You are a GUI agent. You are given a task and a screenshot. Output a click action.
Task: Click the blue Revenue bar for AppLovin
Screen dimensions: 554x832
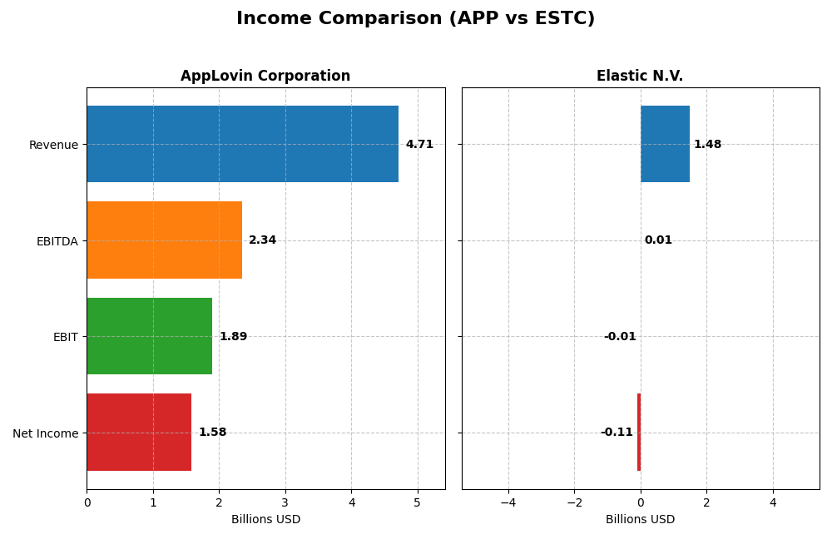click(242, 144)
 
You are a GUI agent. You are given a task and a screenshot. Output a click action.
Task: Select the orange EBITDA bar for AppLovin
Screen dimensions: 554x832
click(164, 240)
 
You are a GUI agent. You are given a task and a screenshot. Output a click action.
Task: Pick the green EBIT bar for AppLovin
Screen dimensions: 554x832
click(149, 336)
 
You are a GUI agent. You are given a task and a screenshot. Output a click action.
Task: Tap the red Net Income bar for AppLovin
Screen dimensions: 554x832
click(139, 433)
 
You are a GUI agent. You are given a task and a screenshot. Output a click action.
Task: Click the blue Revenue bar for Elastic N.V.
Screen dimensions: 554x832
click(665, 144)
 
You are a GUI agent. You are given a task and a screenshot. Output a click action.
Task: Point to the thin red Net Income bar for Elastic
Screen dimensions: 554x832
click(639, 433)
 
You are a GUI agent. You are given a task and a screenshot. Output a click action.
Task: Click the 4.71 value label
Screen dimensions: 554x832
click(419, 145)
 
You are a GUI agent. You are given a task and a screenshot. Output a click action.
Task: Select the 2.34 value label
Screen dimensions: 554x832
click(262, 240)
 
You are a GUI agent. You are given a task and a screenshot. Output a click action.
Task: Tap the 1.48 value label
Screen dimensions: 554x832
click(707, 145)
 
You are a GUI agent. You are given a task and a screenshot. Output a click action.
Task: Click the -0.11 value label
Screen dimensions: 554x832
click(617, 433)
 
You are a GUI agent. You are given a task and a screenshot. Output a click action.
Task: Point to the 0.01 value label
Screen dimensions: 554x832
click(658, 240)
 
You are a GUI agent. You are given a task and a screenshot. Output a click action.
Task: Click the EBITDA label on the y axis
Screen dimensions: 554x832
click(57, 241)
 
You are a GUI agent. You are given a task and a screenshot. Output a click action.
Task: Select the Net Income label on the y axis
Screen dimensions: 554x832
click(45, 433)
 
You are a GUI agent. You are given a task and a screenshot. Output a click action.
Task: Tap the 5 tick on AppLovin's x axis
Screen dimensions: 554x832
click(418, 502)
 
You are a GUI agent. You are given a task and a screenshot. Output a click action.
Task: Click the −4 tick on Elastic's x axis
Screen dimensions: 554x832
click(508, 502)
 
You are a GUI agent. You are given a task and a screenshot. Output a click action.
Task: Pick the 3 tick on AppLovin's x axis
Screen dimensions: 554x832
click(285, 502)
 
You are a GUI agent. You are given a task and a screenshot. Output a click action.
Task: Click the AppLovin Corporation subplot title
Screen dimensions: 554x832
click(265, 77)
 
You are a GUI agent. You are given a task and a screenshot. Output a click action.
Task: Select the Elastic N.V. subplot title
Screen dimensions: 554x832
click(640, 77)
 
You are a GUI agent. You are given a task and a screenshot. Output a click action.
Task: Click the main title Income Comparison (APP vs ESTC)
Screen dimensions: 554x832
click(415, 19)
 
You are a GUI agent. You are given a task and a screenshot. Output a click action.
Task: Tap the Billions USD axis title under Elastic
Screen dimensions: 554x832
click(640, 520)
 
